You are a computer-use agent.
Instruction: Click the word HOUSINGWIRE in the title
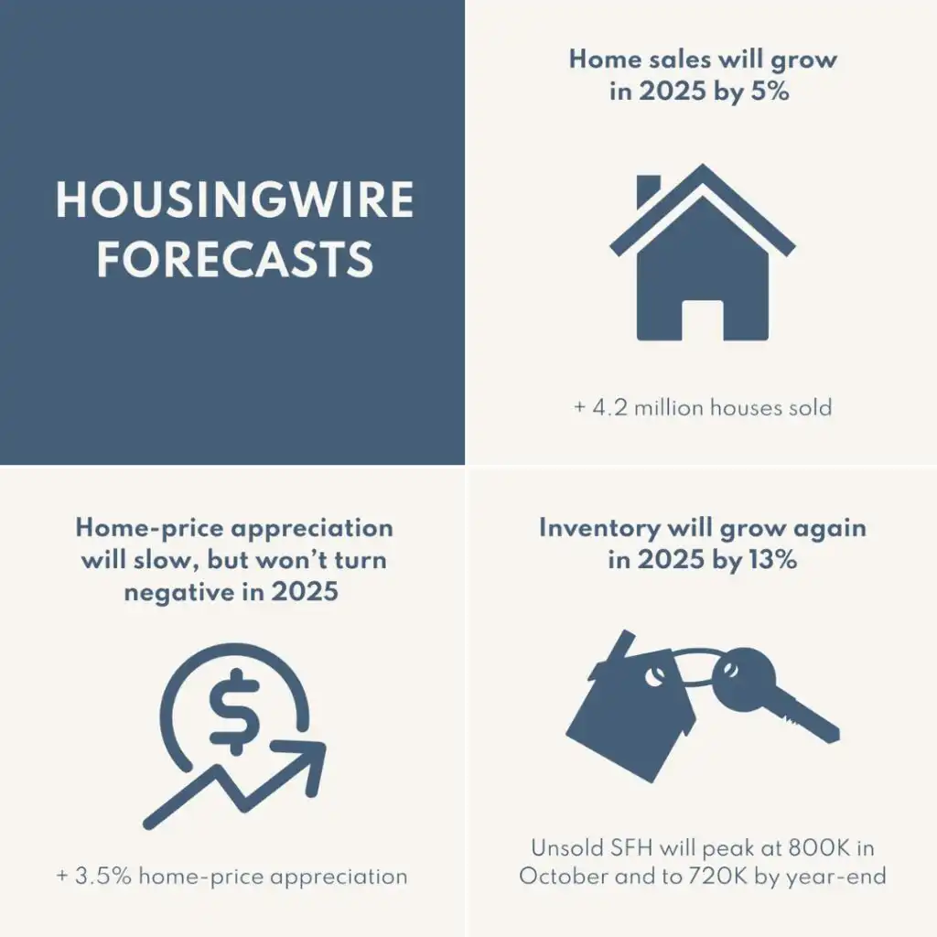(234, 200)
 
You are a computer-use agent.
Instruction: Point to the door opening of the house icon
(702, 319)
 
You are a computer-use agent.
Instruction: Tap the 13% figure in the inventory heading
(772, 559)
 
